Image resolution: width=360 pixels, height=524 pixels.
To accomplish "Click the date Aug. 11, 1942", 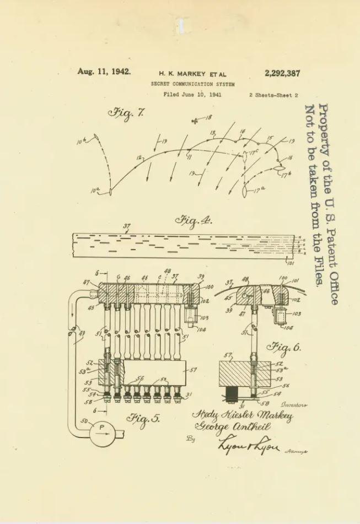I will [x=104, y=72].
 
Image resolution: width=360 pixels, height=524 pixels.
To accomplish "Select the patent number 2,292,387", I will [x=282, y=73].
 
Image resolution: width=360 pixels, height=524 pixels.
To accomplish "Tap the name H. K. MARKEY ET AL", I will [x=192, y=74].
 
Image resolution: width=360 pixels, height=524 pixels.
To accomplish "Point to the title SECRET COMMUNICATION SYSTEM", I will [x=192, y=84].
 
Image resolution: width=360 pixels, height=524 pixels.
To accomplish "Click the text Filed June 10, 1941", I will [x=192, y=95].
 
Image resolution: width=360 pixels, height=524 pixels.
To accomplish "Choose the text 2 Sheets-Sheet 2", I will [x=273, y=95].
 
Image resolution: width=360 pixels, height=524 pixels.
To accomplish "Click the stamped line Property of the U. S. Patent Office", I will [x=329, y=204].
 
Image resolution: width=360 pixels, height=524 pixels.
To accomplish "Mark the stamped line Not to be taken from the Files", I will [x=313, y=196].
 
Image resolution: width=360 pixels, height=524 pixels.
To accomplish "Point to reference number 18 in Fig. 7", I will [x=208, y=117].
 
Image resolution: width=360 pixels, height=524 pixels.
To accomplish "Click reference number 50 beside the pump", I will [x=84, y=421].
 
